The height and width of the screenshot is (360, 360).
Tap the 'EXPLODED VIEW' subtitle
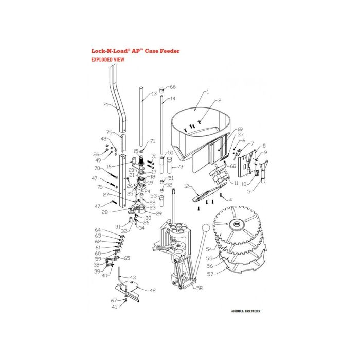tap(107, 60)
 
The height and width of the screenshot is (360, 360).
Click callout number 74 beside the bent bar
tap(106, 104)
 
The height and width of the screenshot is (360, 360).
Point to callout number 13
tap(154, 94)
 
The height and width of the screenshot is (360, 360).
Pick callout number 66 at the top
tap(172, 87)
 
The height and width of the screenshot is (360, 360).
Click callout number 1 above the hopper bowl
tap(207, 92)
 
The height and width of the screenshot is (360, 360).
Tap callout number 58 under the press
tap(199, 289)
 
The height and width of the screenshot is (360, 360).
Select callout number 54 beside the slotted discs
tap(209, 249)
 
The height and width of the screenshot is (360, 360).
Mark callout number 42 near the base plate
tap(152, 291)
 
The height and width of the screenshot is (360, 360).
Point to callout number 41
tap(115, 307)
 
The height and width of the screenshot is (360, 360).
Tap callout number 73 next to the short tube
tap(180, 167)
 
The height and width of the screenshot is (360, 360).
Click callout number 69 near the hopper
tap(240, 130)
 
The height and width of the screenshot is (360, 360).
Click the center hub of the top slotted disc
tap(239, 224)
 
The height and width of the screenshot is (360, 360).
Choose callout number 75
tap(109, 132)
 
